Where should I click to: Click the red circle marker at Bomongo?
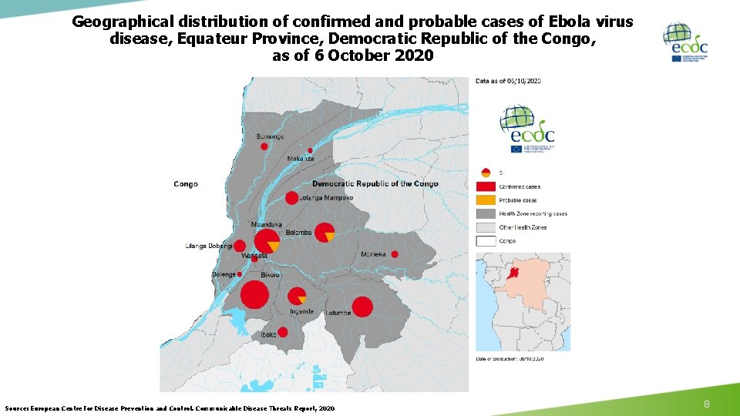pyautogui.click(x=264, y=146)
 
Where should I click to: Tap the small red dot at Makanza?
pyautogui.click(x=311, y=150)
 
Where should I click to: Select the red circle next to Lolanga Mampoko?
pyautogui.click(x=291, y=198)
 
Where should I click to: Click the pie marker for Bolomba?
pyautogui.click(x=325, y=232)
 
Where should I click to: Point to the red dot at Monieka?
pyautogui.click(x=395, y=254)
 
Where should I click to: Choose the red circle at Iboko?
pyautogui.click(x=283, y=332)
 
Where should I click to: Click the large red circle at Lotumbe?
pyautogui.click(x=362, y=307)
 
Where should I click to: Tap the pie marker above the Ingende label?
pyautogui.click(x=297, y=296)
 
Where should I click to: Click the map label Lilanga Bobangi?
pyautogui.click(x=209, y=247)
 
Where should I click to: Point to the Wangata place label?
pyautogui.click(x=254, y=255)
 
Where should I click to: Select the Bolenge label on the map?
pyautogui.click(x=224, y=275)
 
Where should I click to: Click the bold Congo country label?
pyautogui.click(x=186, y=184)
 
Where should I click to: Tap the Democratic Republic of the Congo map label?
pyautogui.click(x=375, y=184)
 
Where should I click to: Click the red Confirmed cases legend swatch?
pyautogui.click(x=485, y=186)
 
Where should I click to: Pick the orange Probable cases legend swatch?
pyautogui.click(x=485, y=200)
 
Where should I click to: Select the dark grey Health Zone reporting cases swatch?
pyautogui.click(x=485, y=213)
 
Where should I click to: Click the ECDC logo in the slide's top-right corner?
pyautogui.click(x=684, y=42)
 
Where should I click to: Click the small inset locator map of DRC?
pyautogui.click(x=523, y=301)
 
